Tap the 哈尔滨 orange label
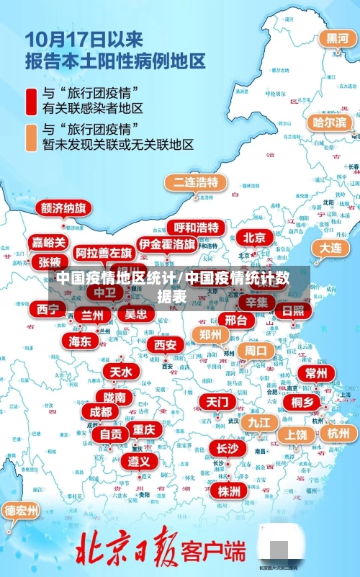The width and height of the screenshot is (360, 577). point(329,122)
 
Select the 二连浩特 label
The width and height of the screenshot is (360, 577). point(195,182)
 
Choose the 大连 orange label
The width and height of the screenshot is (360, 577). point(330,247)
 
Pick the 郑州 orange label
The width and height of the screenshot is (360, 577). point(210,334)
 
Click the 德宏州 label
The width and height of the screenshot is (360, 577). point(21,511)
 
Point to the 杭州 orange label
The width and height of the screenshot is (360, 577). point(338,433)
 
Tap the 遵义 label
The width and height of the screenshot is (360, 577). point(140,460)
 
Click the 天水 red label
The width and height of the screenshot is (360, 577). point(120,372)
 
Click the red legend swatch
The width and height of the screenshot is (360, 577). point(31,101)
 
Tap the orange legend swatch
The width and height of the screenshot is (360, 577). point(31,137)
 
